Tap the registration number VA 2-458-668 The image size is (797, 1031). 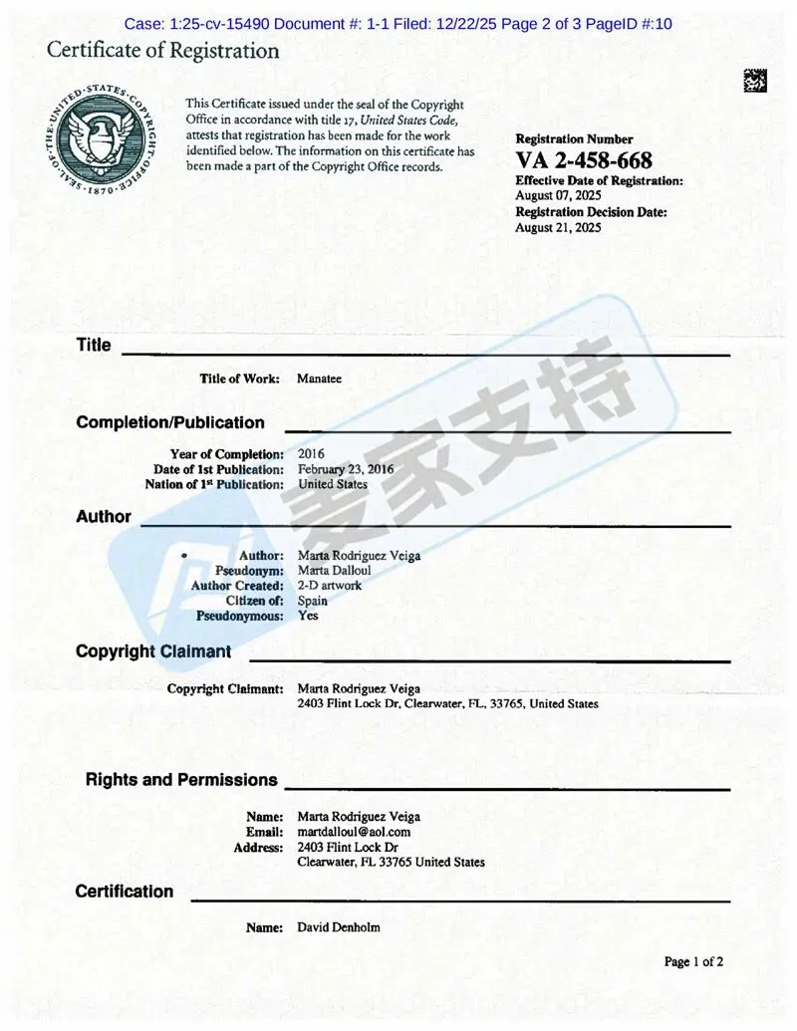tap(584, 160)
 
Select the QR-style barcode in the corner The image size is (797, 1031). tap(754, 82)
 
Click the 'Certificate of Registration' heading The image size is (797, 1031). tap(163, 51)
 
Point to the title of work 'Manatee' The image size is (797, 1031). tap(319, 379)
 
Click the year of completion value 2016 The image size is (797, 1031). tap(311, 454)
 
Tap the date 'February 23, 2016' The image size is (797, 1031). tap(346, 469)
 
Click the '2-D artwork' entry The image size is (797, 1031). tap(330, 586)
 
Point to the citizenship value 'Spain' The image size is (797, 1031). tap(313, 601)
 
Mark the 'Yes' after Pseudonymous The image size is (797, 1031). tap(308, 616)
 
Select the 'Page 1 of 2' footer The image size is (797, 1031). tap(693, 961)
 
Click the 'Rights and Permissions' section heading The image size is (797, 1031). tap(181, 780)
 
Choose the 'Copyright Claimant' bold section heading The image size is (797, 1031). tap(153, 651)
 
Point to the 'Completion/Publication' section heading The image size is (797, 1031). tap(170, 422)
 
